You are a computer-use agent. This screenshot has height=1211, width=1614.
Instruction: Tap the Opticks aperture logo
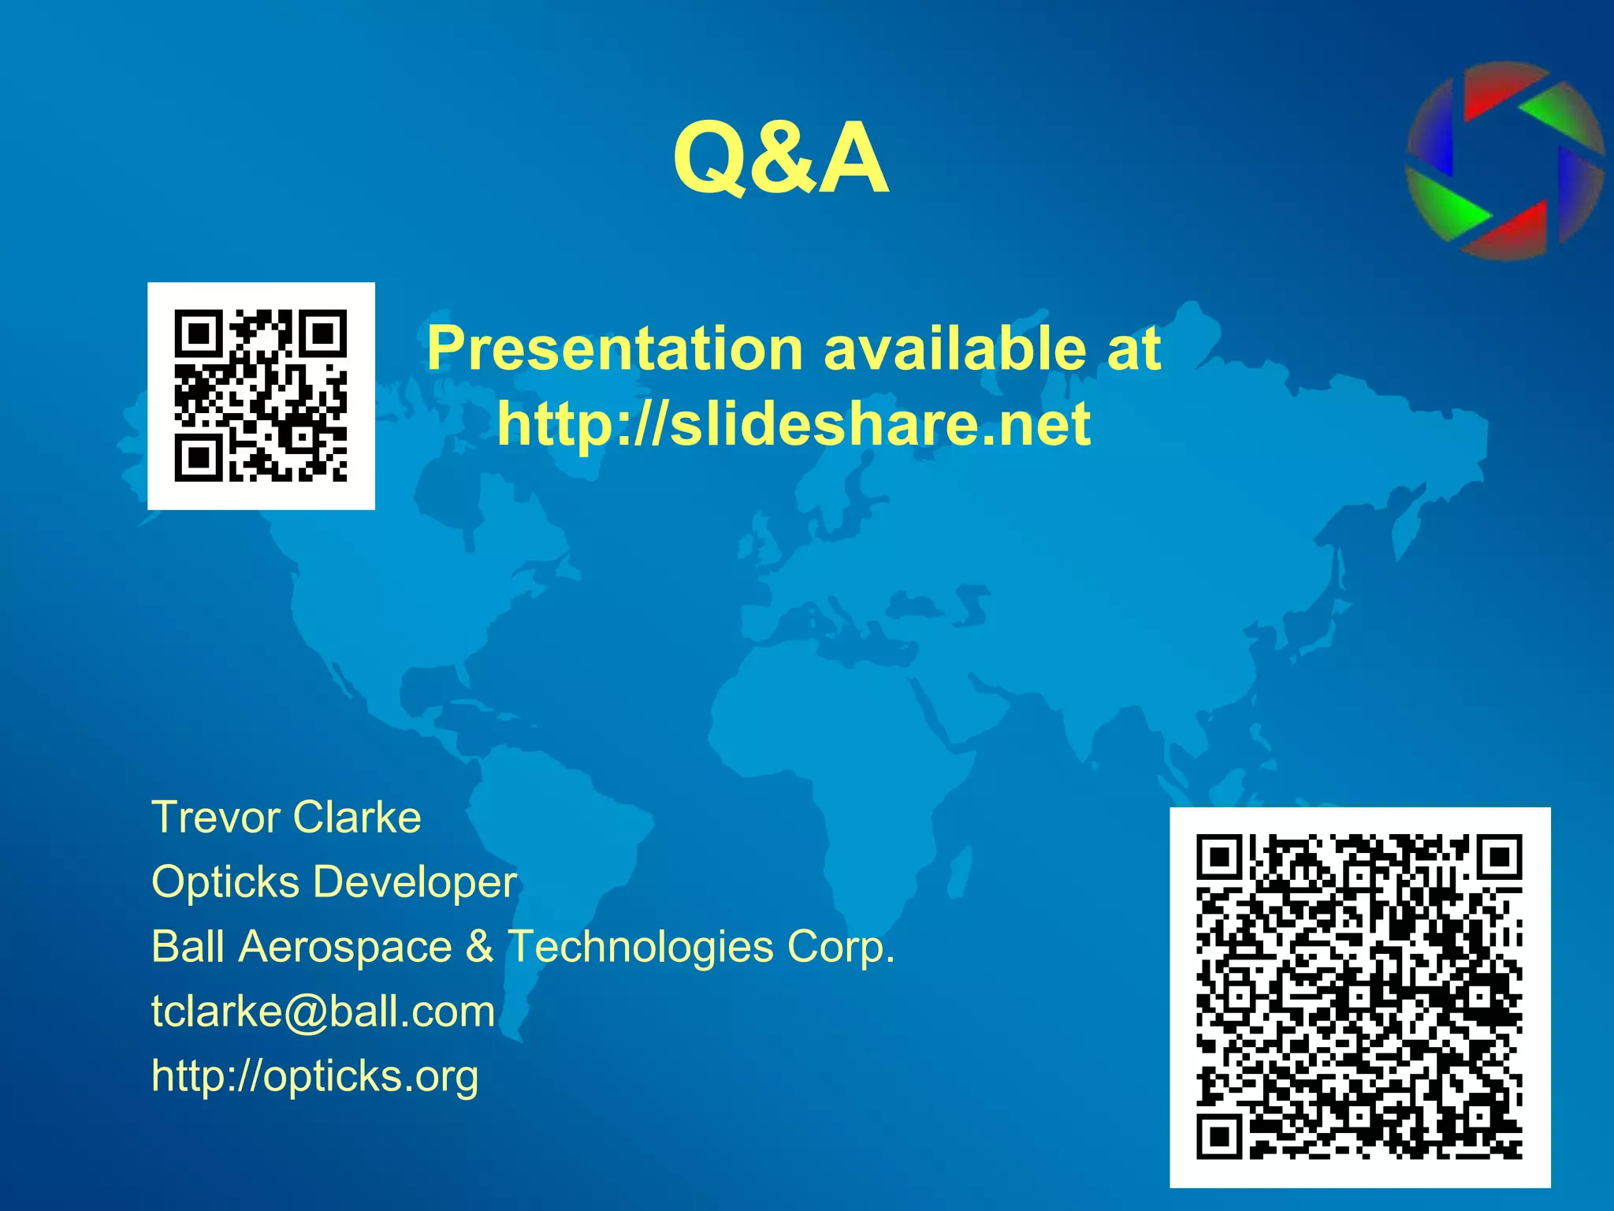pos(1504,162)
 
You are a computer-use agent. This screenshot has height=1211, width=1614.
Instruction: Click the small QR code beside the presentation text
pos(261,396)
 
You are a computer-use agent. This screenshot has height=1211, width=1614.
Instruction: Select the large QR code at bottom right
pos(1359,997)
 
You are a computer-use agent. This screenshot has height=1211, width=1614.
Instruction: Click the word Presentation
pos(615,348)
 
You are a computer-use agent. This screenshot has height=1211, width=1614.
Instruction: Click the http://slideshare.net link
pos(794,424)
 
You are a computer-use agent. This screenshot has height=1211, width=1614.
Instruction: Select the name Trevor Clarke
pos(286,817)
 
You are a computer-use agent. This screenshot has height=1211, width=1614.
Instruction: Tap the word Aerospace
pos(345,946)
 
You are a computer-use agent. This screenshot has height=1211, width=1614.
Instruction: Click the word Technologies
pos(640,946)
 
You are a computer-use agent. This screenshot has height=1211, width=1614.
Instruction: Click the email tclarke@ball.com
pos(323,1011)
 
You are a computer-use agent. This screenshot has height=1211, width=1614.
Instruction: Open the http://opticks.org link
pos(314,1075)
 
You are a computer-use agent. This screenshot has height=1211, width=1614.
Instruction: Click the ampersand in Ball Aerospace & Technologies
pos(479,946)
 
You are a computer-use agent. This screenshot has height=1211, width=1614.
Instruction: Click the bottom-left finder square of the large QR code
pos(1219,1137)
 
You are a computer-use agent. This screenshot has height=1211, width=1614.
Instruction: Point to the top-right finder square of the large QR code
pos(1500,857)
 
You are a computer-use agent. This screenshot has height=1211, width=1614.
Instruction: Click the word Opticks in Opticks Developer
pos(225,881)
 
